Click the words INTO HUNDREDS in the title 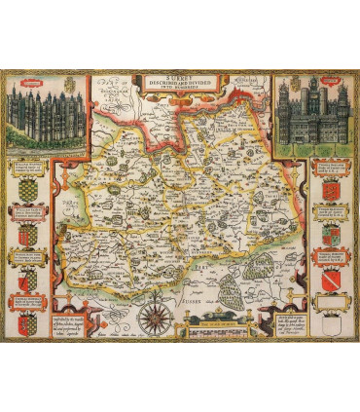[x=179, y=89]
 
